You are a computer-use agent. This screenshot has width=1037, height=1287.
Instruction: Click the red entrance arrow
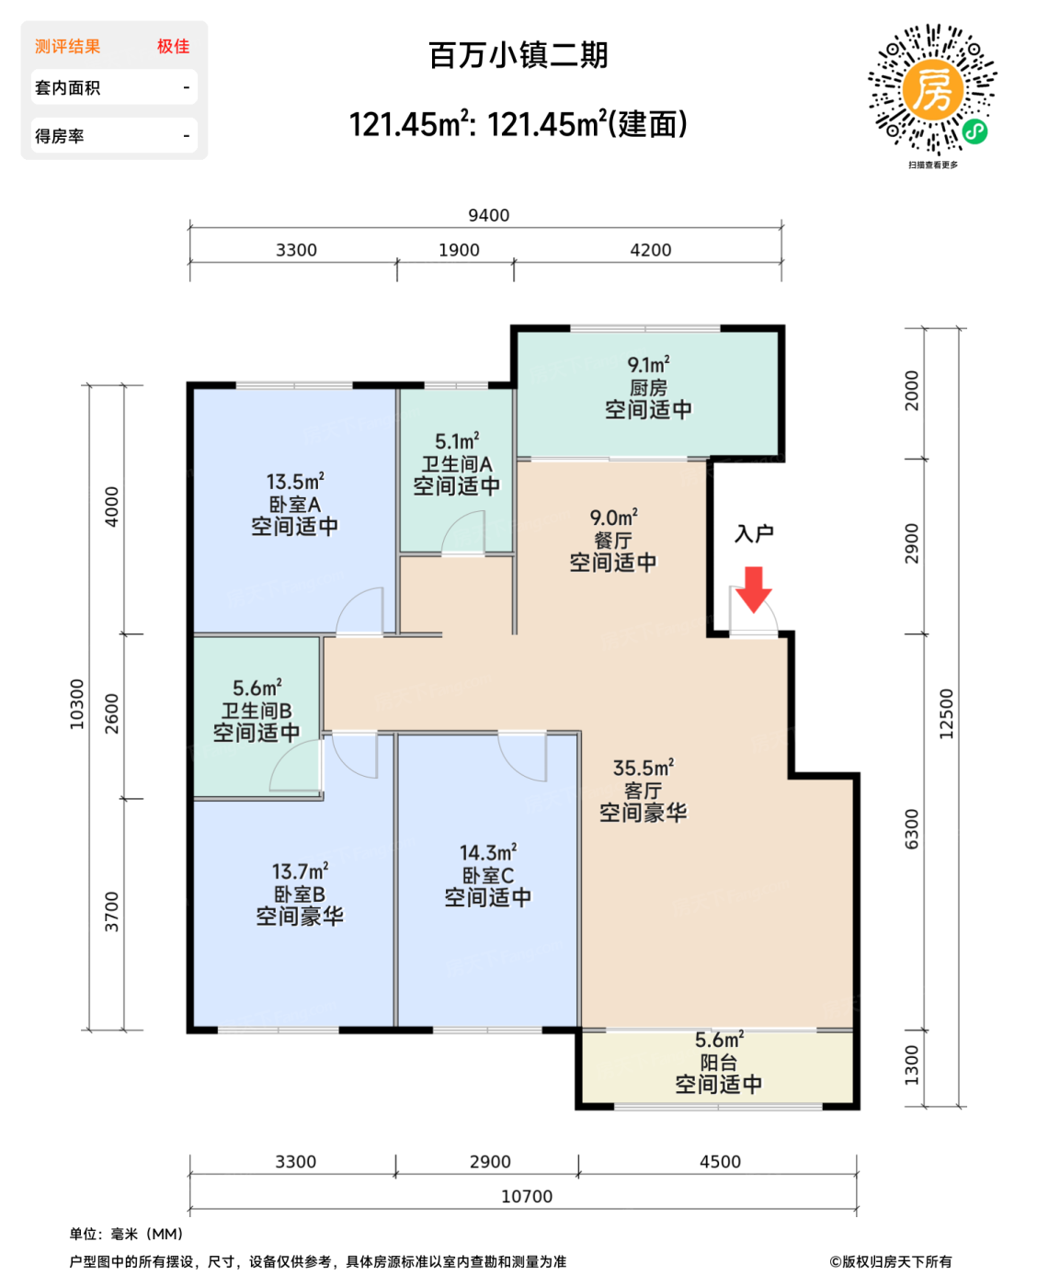(753, 589)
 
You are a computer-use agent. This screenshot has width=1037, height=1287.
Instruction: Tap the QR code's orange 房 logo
(932, 90)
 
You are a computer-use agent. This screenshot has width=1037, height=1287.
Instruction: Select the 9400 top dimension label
(488, 215)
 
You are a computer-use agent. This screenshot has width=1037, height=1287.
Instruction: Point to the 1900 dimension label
(459, 250)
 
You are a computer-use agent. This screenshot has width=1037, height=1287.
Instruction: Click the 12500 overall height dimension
(945, 714)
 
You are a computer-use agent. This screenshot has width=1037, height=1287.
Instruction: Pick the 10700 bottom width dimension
(526, 1196)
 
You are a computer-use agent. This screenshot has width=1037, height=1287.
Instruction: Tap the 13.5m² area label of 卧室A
(295, 482)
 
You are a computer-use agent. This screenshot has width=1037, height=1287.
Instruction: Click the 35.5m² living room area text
(643, 768)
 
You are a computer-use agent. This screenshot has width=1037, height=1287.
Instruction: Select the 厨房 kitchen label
(648, 388)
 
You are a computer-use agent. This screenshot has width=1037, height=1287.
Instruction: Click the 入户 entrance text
(754, 533)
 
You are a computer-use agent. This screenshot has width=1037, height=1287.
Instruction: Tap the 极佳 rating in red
(174, 46)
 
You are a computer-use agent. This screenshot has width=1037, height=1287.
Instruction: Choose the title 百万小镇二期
(518, 55)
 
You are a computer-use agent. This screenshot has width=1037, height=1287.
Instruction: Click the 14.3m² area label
(488, 852)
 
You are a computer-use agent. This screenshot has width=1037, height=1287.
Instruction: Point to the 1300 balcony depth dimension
(911, 1065)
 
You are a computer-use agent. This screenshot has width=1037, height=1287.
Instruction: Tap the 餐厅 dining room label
(612, 541)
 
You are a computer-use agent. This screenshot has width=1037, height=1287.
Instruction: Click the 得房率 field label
(59, 136)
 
